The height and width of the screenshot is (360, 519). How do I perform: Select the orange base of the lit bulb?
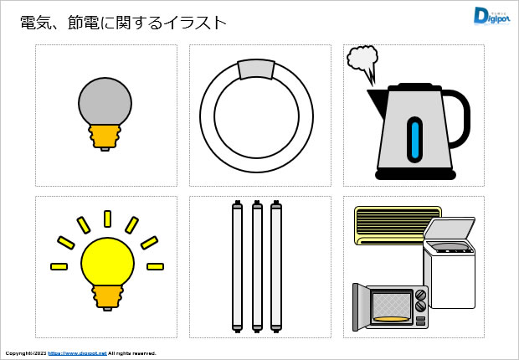[107, 296]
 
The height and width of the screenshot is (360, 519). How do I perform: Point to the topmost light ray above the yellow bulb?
[107, 219]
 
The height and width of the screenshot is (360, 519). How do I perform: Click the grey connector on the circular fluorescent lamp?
[256, 69]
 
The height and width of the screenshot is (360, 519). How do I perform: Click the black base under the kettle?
[415, 175]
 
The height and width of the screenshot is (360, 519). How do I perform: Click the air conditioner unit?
[389, 224]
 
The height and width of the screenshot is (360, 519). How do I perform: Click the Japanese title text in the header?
[122, 23]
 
